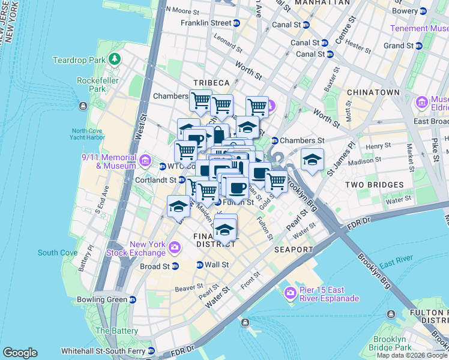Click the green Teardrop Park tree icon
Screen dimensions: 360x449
(113, 59)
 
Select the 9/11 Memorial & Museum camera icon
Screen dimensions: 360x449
(145, 160)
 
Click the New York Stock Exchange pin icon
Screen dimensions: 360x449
(175, 247)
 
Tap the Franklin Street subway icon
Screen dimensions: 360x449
(237, 23)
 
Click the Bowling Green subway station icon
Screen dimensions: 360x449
(133, 299)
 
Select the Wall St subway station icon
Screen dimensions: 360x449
(200, 265)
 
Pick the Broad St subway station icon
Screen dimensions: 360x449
(175, 266)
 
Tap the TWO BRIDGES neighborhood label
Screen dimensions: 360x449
(378, 185)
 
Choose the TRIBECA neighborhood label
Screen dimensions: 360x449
(211, 82)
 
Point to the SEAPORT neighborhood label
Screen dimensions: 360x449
(294, 249)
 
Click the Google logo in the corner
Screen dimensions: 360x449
(20, 353)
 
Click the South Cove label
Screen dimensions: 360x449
(58, 253)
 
